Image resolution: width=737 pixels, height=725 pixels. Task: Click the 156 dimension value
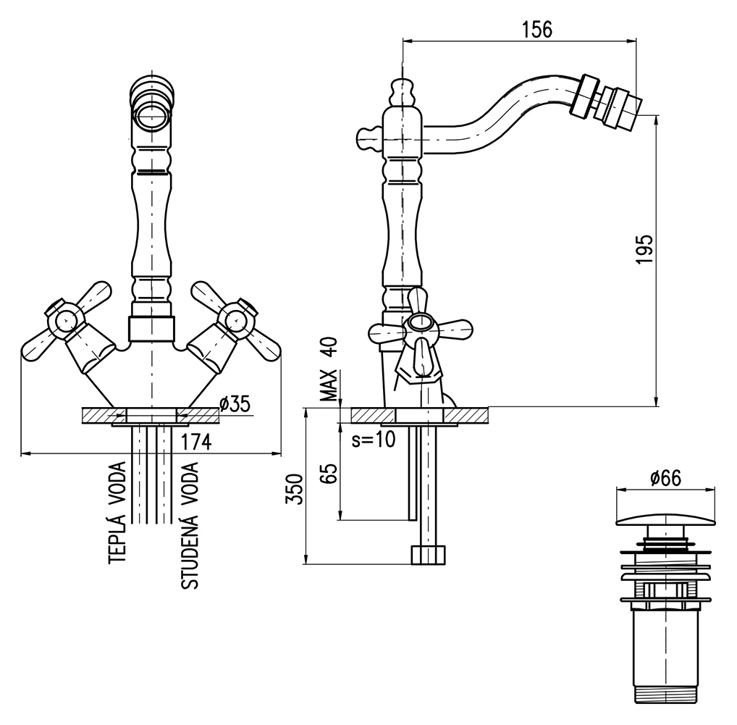pyautogui.click(x=536, y=30)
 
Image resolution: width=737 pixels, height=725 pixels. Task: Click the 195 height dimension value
pyautogui.click(x=646, y=249)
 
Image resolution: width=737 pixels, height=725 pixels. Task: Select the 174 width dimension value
pyautogui.click(x=195, y=441)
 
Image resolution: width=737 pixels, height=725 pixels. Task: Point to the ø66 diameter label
pyautogui.click(x=665, y=477)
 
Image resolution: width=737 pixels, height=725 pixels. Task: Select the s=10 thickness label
pyautogui.click(x=373, y=440)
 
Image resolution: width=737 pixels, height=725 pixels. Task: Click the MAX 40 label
pyautogui.click(x=330, y=369)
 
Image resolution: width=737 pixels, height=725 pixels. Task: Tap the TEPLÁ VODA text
pyautogui.click(x=118, y=514)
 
